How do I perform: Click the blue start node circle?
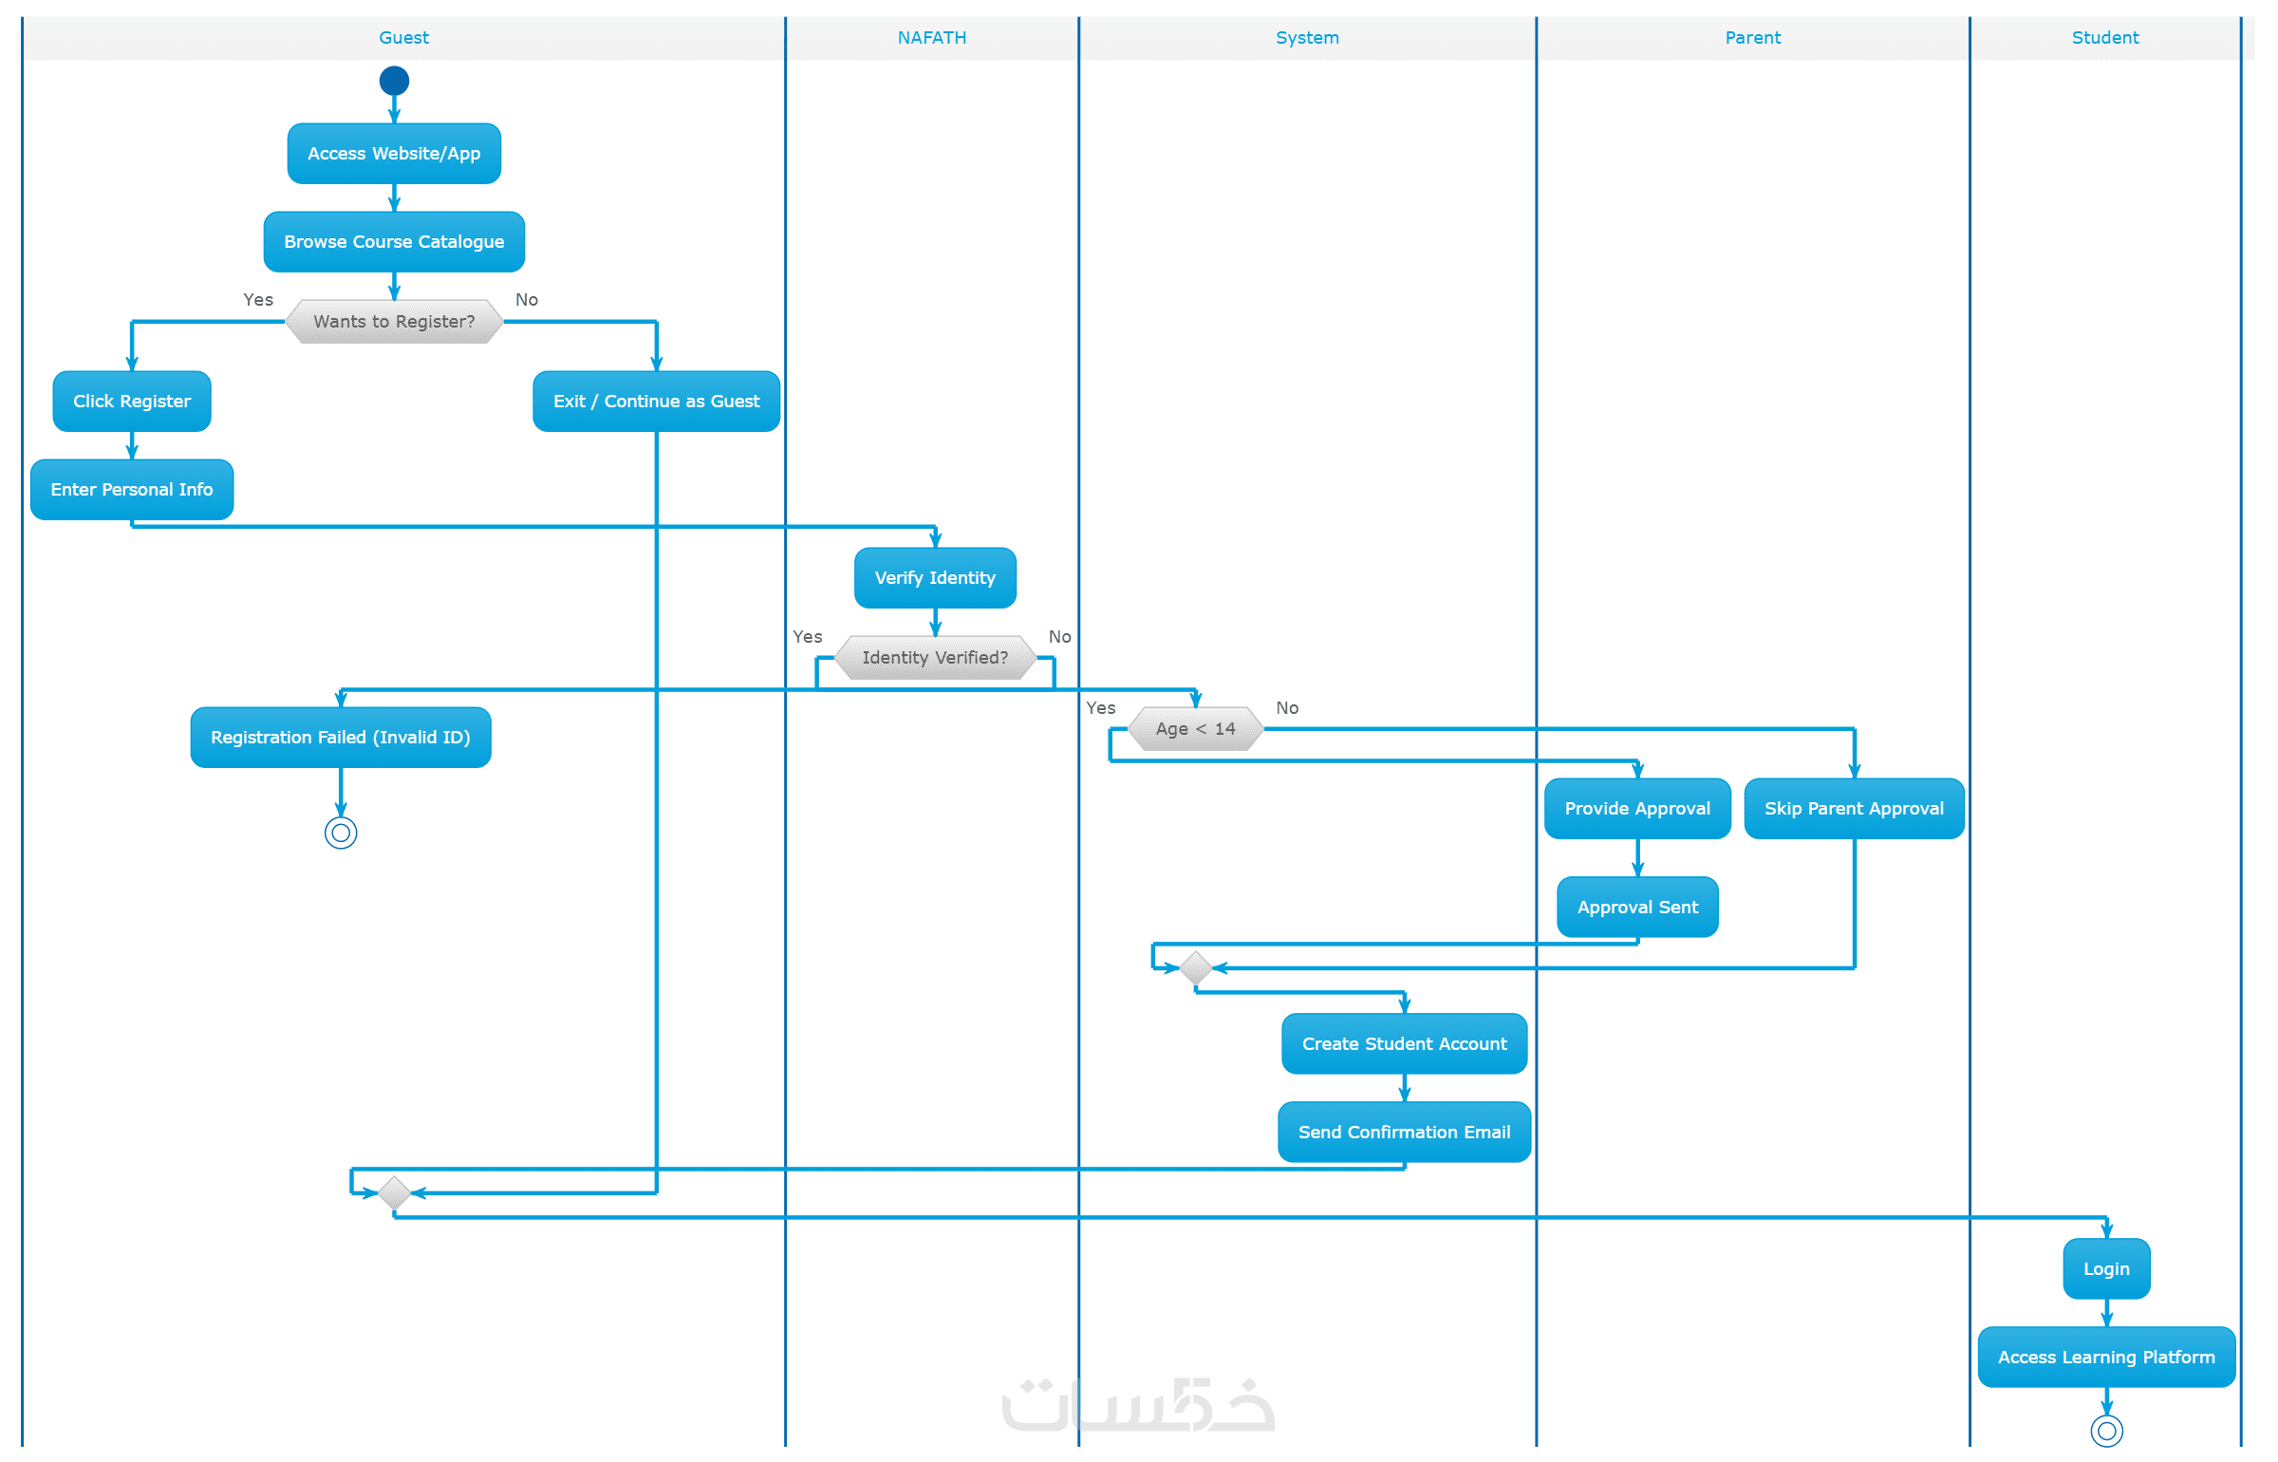pyautogui.click(x=394, y=81)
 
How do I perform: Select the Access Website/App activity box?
pyautogui.click(x=394, y=153)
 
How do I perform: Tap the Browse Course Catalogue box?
pyautogui.click(x=394, y=241)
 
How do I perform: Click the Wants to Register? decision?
pyautogui.click(x=394, y=321)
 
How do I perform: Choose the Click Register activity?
pyautogui.click(x=132, y=401)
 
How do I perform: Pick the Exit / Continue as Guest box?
pyautogui.click(x=656, y=401)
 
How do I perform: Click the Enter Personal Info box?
pyautogui.click(x=132, y=489)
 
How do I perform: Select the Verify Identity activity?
pyautogui.click(x=935, y=577)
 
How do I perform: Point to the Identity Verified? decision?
pyautogui.click(x=935, y=657)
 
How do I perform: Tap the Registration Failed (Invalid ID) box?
pyautogui.click(x=341, y=737)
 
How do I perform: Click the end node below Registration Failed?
pyautogui.click(x=341, y=833)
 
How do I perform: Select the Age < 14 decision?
pyautogui.click(x=1195, y=728)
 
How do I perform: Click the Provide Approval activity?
pyautogui.click(x=1637, y=808)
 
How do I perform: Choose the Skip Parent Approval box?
pyautogui.click(x=1854, y=808)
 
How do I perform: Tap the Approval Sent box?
pyautogui.click(x=1637, y=907)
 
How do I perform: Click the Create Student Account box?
pyautogui.click(x=1404, y=1043)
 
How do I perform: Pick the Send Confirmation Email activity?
pyautogui.click(x=1404, y=1132)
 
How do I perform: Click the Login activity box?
pyautogui.click(x=2106, y=1268)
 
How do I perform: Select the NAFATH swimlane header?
pyautogui.click(x=932, y=38)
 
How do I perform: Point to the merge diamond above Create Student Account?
pyautogui.click(x=1195, y=967)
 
